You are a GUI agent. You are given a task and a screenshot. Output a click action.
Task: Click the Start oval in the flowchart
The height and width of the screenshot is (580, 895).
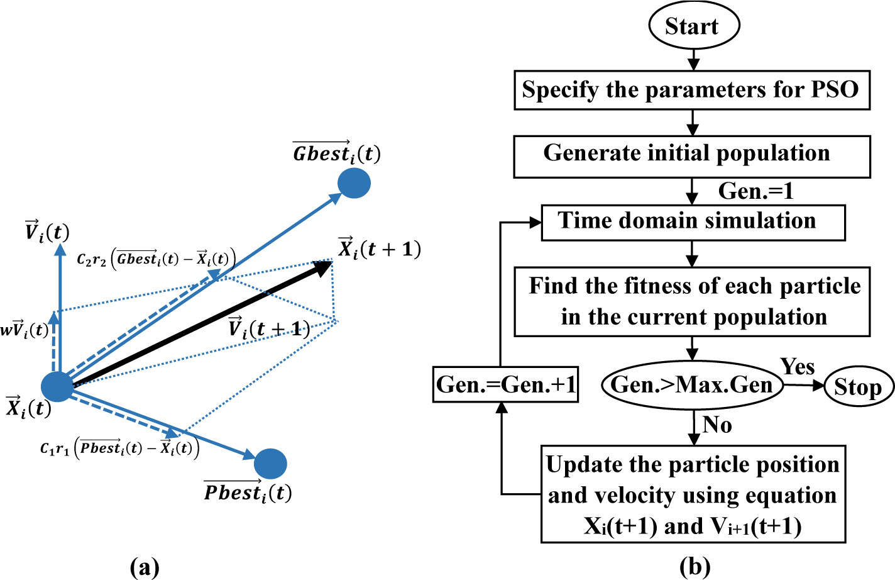694,25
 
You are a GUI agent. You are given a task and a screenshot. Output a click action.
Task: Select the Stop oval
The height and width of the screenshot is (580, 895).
859,386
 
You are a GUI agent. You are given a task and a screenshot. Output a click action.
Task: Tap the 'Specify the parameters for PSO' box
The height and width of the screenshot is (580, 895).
692,90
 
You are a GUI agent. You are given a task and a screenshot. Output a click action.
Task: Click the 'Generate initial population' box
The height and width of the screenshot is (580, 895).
692,157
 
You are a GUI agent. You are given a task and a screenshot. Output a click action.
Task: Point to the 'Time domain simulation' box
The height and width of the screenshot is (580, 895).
693,223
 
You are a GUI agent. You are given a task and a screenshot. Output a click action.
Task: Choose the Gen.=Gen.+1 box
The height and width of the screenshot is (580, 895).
505,384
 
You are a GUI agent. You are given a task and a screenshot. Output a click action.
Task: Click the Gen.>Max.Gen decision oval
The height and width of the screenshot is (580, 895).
692,385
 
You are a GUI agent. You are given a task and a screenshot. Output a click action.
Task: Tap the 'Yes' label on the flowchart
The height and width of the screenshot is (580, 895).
798,366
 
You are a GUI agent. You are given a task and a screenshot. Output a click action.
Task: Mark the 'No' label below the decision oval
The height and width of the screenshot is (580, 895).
717,425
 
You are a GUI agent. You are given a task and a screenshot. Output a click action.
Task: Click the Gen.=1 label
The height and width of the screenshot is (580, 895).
755,191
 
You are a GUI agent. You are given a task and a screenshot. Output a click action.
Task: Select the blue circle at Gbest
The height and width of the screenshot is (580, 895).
354,183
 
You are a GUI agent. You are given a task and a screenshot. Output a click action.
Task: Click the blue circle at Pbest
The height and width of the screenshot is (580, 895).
270,464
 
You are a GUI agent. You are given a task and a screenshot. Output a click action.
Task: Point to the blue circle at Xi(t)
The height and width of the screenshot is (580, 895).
58,386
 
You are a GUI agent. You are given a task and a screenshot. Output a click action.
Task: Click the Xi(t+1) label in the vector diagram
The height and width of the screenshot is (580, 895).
379,249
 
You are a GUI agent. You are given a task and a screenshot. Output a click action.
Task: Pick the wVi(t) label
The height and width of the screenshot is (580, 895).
25,330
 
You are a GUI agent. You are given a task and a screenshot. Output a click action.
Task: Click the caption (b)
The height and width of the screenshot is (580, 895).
695,567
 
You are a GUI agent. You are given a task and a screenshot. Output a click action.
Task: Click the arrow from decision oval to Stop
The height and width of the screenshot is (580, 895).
803,385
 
